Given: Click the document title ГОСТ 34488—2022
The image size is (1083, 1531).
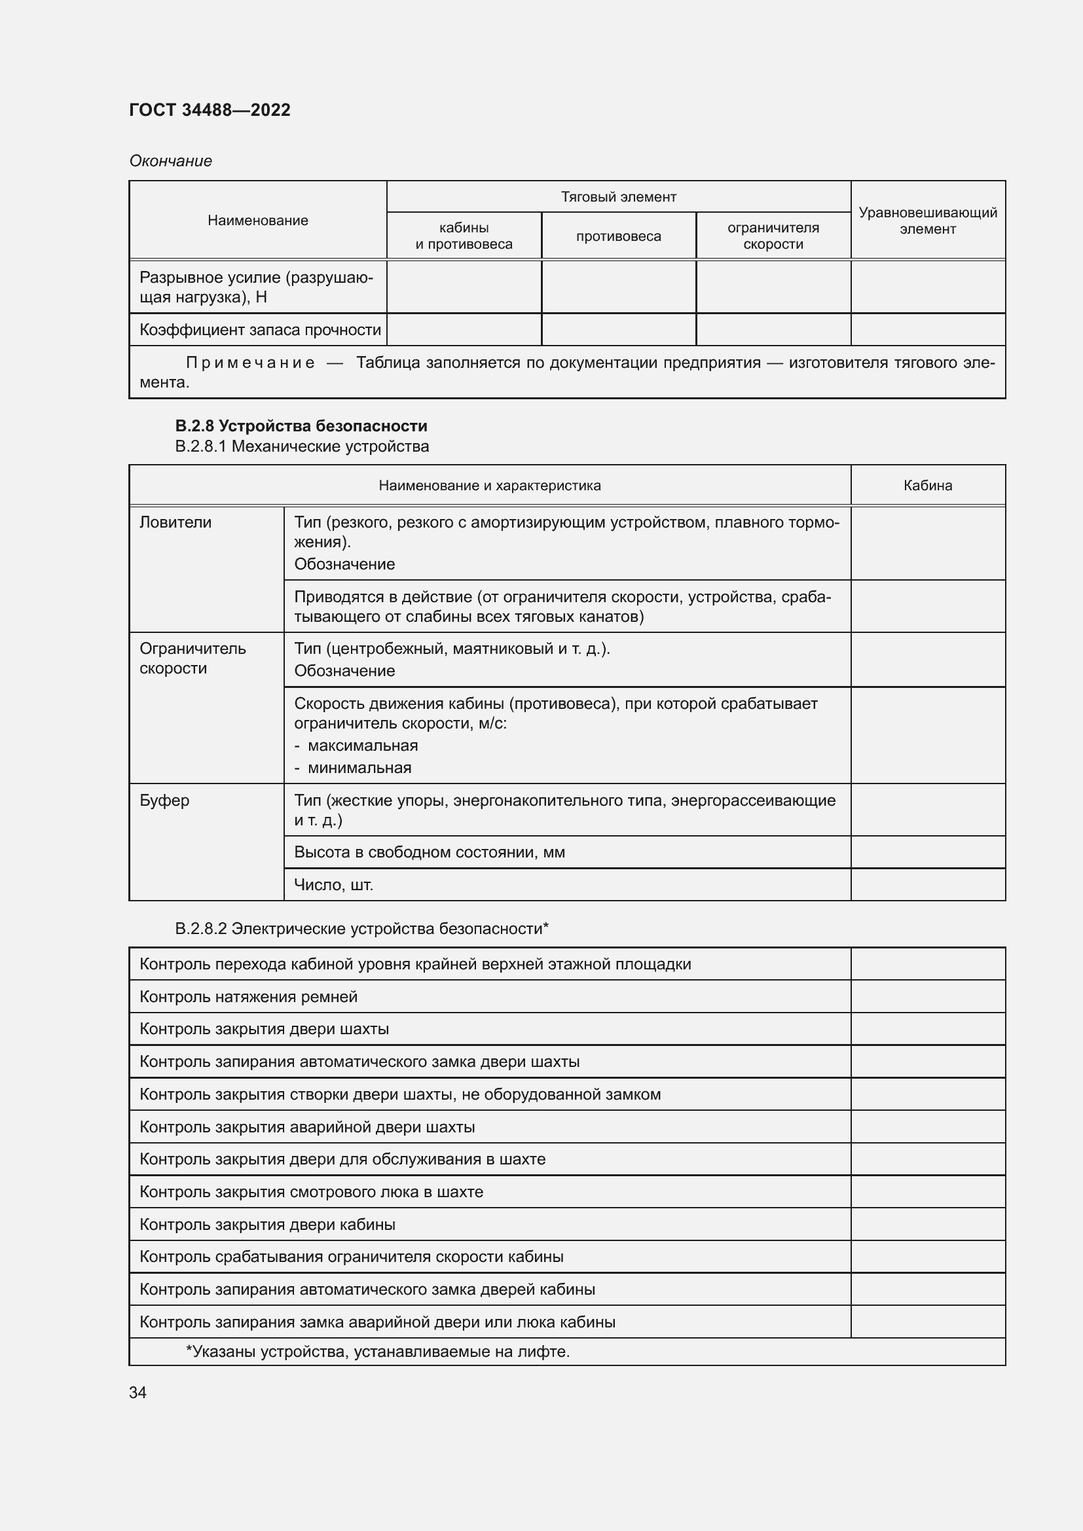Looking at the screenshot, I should point(210,110).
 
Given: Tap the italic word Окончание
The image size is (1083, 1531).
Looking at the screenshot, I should point(171,161).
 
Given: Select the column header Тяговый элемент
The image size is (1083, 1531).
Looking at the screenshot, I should point(618,197).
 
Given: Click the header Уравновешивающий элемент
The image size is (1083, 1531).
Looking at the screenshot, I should point(928,221).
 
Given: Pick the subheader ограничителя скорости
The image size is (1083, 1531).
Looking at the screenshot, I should point(773,236).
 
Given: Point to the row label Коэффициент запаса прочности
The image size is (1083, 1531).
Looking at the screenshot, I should point(260,329).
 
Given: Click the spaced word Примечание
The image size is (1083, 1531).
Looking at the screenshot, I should point(249,363).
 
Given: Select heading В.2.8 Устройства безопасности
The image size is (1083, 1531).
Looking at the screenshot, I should point(301,425).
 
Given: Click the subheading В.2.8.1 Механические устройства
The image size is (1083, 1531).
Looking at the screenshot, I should point(302,446).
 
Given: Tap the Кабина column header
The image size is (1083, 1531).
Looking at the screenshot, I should point(928,486).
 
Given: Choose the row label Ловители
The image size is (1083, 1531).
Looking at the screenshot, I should point(175,522).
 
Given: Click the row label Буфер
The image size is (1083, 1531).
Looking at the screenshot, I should point(164,800).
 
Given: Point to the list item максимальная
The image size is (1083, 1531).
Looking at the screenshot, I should point(363,746).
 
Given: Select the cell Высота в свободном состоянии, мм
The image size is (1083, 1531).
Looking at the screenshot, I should point(430,852).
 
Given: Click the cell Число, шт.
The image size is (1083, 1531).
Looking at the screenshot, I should point(334,885).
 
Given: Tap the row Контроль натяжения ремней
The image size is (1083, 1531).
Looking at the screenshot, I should point(249,997).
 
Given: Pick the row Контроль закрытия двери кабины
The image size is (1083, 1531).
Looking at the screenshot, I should point(267,1224).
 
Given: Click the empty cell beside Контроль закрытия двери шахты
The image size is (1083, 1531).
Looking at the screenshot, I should point(928,1029).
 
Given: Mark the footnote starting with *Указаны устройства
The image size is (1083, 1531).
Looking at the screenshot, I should point(377,1352).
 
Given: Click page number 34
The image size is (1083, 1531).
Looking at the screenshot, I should point(138,1393).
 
